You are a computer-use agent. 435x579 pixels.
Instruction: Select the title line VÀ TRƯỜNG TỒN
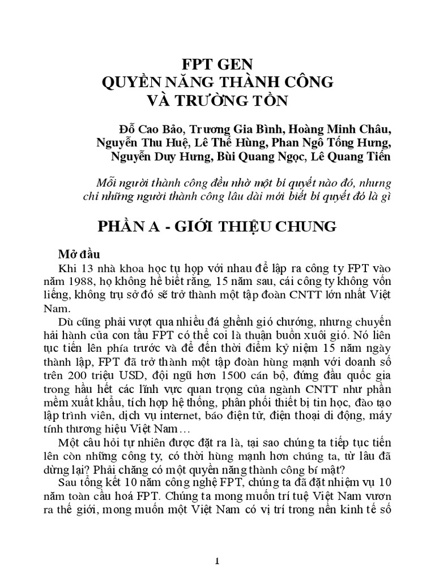(x=217, y=101)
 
